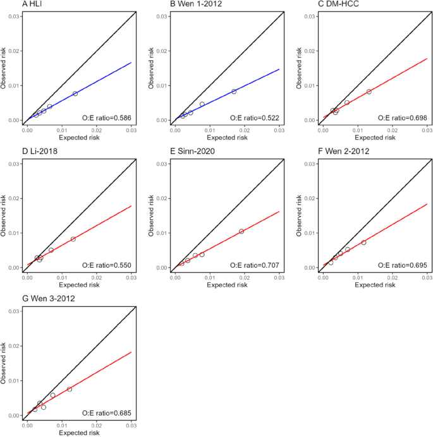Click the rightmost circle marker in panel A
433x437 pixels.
point(75,93)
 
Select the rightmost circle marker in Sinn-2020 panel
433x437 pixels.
point(241,231)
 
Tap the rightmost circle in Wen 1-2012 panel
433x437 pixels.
point(234,92)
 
